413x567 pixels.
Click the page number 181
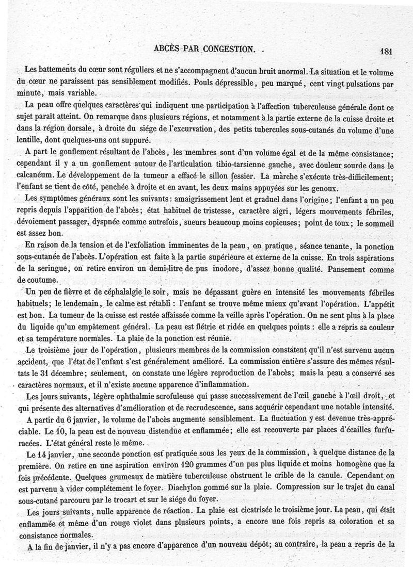tap(386, 51)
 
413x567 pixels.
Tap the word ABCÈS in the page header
tap(168, 49)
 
